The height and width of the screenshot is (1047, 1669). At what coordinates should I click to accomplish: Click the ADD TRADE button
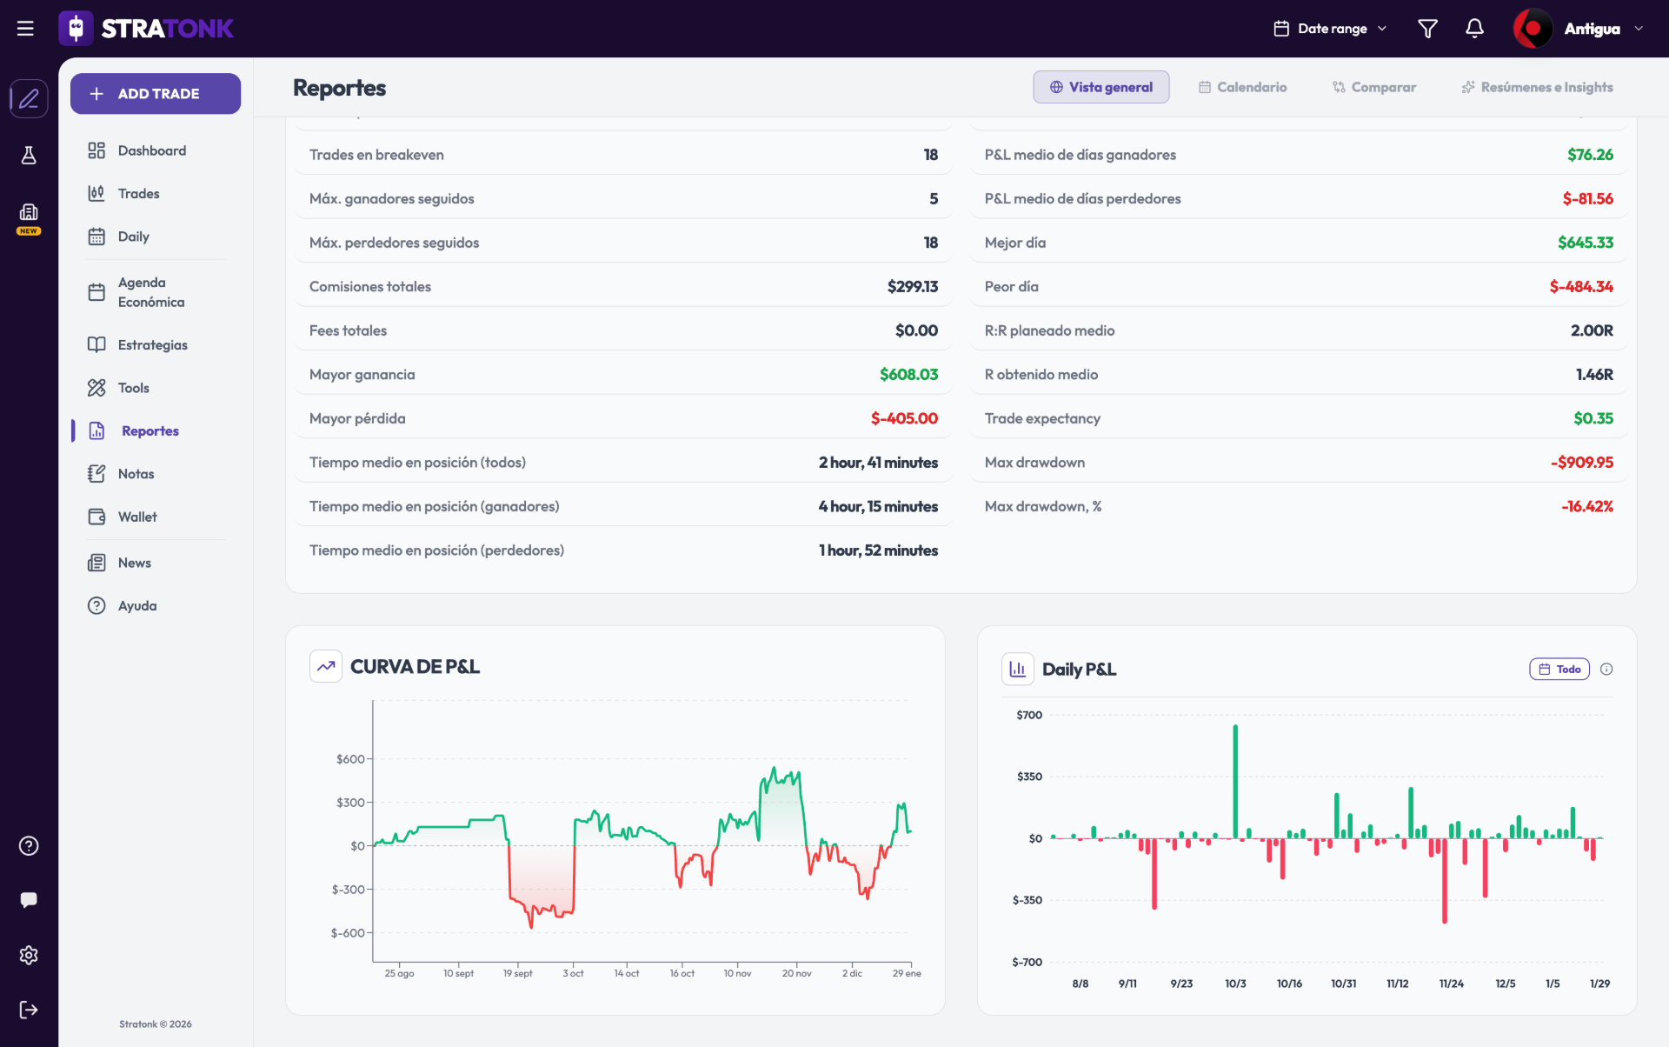point(156,94)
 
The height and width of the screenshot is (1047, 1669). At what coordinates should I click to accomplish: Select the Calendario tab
point(1242,87)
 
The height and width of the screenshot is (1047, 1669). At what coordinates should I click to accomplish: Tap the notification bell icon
point(1474,29)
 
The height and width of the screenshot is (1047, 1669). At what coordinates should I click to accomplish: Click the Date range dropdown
point(1330,29)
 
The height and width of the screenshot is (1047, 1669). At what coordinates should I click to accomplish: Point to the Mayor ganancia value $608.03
point(908,375)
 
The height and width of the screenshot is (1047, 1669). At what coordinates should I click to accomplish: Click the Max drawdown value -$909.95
point(1582,463)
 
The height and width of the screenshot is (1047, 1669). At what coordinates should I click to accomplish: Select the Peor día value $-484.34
point(1581,287)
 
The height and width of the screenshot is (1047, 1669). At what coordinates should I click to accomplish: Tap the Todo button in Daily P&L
point(1559,669)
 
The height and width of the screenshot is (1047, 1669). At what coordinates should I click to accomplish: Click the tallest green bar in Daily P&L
point(1235,781)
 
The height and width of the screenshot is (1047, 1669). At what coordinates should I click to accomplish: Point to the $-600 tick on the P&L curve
point(348,933)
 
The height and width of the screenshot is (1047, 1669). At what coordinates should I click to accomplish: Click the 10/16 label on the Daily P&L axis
point(1289,984)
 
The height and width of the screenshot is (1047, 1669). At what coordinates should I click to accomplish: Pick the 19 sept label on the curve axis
point(517,973)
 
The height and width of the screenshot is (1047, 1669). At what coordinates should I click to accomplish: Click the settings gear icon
point(29,955)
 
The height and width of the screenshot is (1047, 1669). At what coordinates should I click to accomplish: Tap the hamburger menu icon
point(25,29)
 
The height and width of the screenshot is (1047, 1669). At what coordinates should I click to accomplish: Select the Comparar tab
point(1374,87)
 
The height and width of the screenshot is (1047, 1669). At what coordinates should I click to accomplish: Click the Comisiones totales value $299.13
point(913,287)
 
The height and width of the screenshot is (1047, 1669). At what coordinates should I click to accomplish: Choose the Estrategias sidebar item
point(137,344)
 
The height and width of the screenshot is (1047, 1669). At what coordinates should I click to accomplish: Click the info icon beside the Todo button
point(1606,669)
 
